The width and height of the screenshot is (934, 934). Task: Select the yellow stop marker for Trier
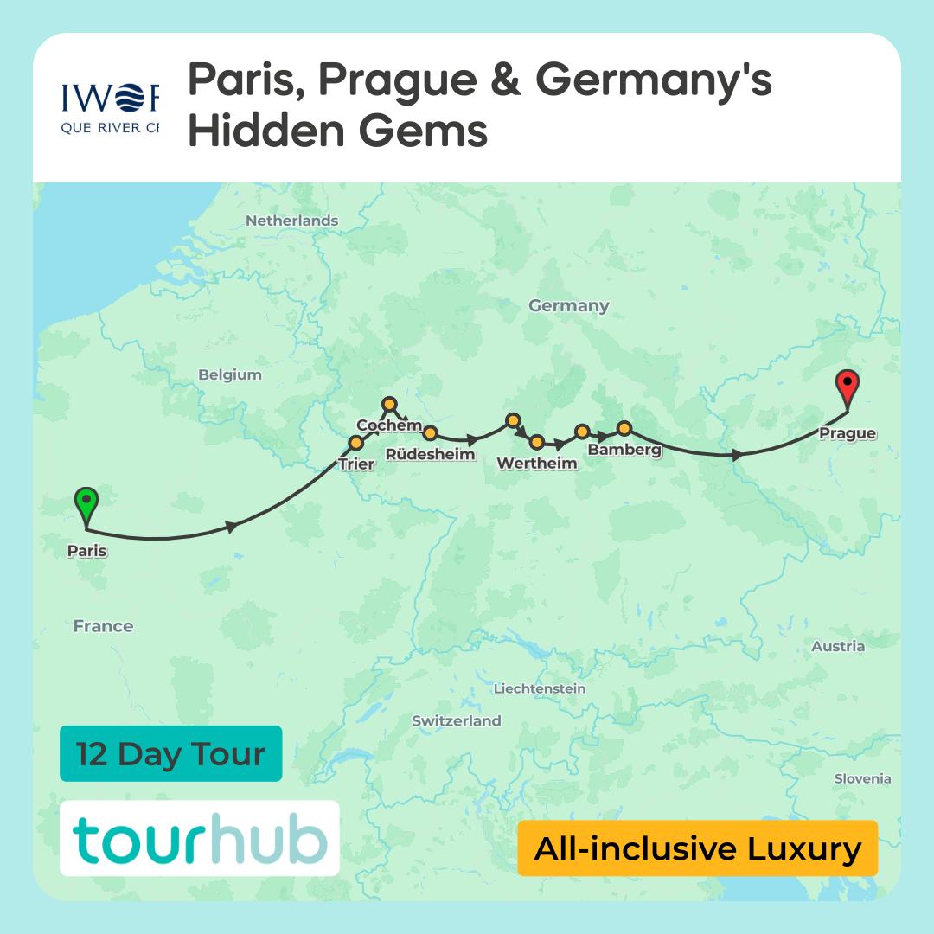(x=355, y=444)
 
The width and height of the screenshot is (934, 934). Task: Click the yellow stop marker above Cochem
(x=389, y=404)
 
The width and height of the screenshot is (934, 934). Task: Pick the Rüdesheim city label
(x=430, y=454)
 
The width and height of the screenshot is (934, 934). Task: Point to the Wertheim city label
(x=536, y=463)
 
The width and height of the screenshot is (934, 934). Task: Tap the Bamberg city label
(x=624, y=450)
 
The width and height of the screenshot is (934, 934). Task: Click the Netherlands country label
(x=291, y=221)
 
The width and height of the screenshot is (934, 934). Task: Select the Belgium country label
(x=229, y=374)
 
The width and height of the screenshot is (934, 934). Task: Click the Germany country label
(x=568, y=305)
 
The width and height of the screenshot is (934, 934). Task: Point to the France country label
(x=103, y=626)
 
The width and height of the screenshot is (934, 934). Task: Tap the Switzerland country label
(x=456, y=720)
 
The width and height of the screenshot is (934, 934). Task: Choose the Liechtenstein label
(x=539, y=688)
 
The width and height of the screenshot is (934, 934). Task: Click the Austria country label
(x=837, y=646)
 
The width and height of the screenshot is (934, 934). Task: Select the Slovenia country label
(x=861, y=778)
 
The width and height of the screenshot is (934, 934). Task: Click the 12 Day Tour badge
(x=170, y=753)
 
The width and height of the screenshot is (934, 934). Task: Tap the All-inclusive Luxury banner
(x=697, y=848)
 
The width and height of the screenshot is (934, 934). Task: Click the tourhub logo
(x=199, y=839)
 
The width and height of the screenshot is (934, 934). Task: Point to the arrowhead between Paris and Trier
(x=231, y=526)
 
